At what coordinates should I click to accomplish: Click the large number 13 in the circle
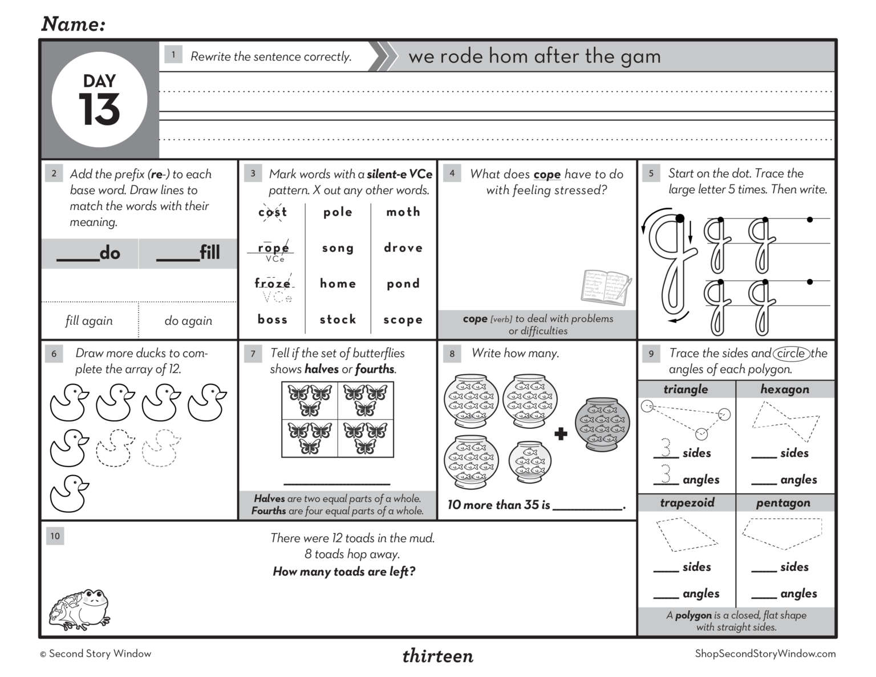click(x=99, y=110)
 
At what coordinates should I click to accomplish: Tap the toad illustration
click(x=79, y=609)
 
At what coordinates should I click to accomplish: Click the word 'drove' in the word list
click(x=403, y=248)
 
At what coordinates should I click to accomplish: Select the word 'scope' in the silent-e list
click(x=403, y=320)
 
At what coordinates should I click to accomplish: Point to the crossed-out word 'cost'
click(x=273, y=212)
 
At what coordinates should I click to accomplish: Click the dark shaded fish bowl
click(x=602, y=424)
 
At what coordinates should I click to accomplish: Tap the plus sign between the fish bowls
click(x=561, y=434)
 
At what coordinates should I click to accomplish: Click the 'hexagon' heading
click(x=785, y=389)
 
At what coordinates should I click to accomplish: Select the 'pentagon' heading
click(x=783, y=502)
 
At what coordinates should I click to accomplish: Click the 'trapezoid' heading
click(x=687, y=502)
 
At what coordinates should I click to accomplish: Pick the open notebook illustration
click(x=606, y=287)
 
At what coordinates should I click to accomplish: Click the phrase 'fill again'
click(x=89, y=321)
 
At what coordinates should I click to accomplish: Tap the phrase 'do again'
click(x=188, y=321)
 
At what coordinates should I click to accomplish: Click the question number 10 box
click(x=55, y=536)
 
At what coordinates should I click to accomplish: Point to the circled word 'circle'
click(x=791, y=353)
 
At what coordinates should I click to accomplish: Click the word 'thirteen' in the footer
click(x=437, y=656)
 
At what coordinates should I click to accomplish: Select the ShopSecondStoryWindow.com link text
click(x=765, y=654)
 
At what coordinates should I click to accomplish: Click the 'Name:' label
click(x=74, y=24)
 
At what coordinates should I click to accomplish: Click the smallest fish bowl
click(x=530, y=462)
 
